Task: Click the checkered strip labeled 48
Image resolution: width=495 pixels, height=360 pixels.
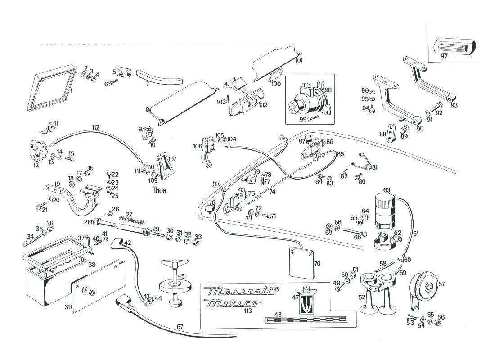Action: coord(306,320)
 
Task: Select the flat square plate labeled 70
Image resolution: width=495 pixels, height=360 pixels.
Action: coord(301,263)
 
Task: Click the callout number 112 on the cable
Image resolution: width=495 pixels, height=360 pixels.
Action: coord(95,127)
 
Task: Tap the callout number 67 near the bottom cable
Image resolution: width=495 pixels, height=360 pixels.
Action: coord(180,327)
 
